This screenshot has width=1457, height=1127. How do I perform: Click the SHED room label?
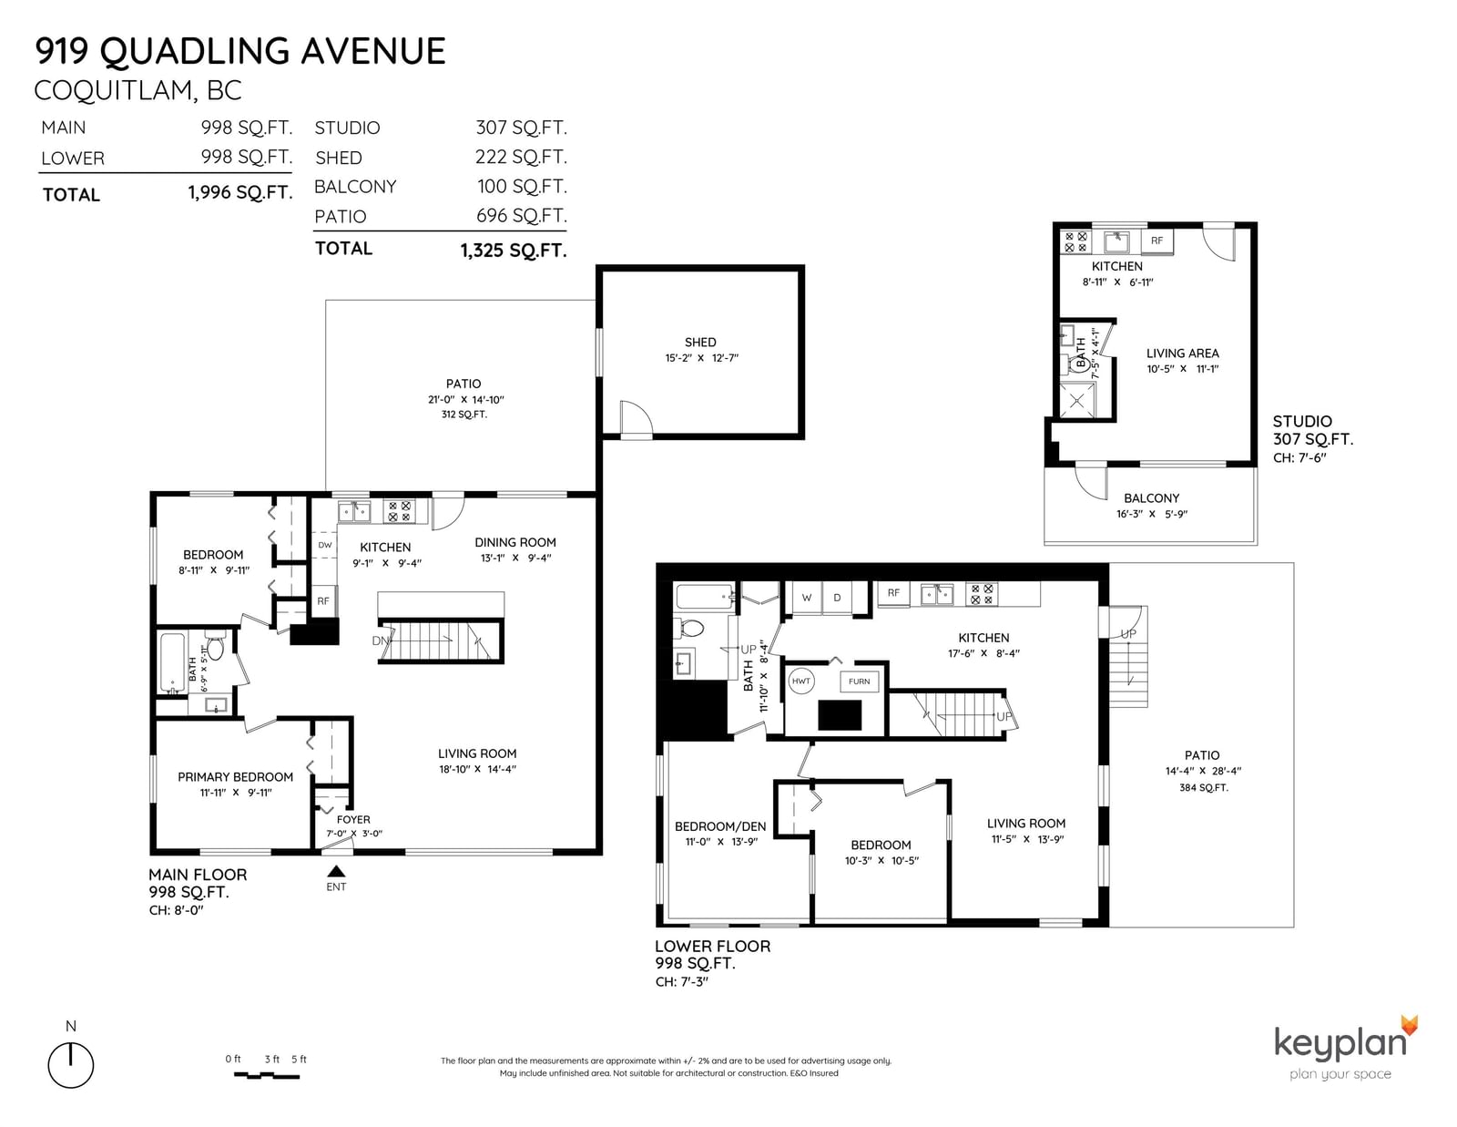(x=700, y=343)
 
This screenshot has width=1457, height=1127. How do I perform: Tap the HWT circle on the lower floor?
(x=800, y=681)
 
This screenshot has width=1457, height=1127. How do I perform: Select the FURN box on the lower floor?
(x=859, y=681)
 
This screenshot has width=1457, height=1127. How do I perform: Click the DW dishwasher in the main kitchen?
(x=324, y=545)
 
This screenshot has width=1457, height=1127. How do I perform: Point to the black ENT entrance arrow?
(x=336, y=871)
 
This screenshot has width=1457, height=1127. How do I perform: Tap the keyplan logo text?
(x=1340, y=1044)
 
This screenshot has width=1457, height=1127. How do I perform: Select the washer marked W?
(x=807, y=597)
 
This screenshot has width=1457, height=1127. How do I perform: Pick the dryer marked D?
(x=837, y=597)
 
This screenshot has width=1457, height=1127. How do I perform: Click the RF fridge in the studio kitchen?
(x=1156, y=241)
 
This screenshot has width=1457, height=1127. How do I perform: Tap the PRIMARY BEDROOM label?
(x=235, y=777)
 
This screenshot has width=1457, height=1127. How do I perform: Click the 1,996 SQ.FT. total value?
(x=240, y=193)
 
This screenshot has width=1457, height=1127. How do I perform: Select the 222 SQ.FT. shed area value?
(x=521, y=157)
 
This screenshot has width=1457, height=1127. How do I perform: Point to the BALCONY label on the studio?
(x=1151, y=497)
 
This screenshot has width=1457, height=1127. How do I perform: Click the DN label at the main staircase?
(x=380, y=640)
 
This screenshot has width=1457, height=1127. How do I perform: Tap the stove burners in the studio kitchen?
(x=1075, y=241)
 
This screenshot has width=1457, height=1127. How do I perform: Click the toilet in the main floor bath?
(x=215, y=645)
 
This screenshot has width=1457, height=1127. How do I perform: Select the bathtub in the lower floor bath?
(x=704, y=597)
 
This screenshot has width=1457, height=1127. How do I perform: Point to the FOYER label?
(x=353, y=819)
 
